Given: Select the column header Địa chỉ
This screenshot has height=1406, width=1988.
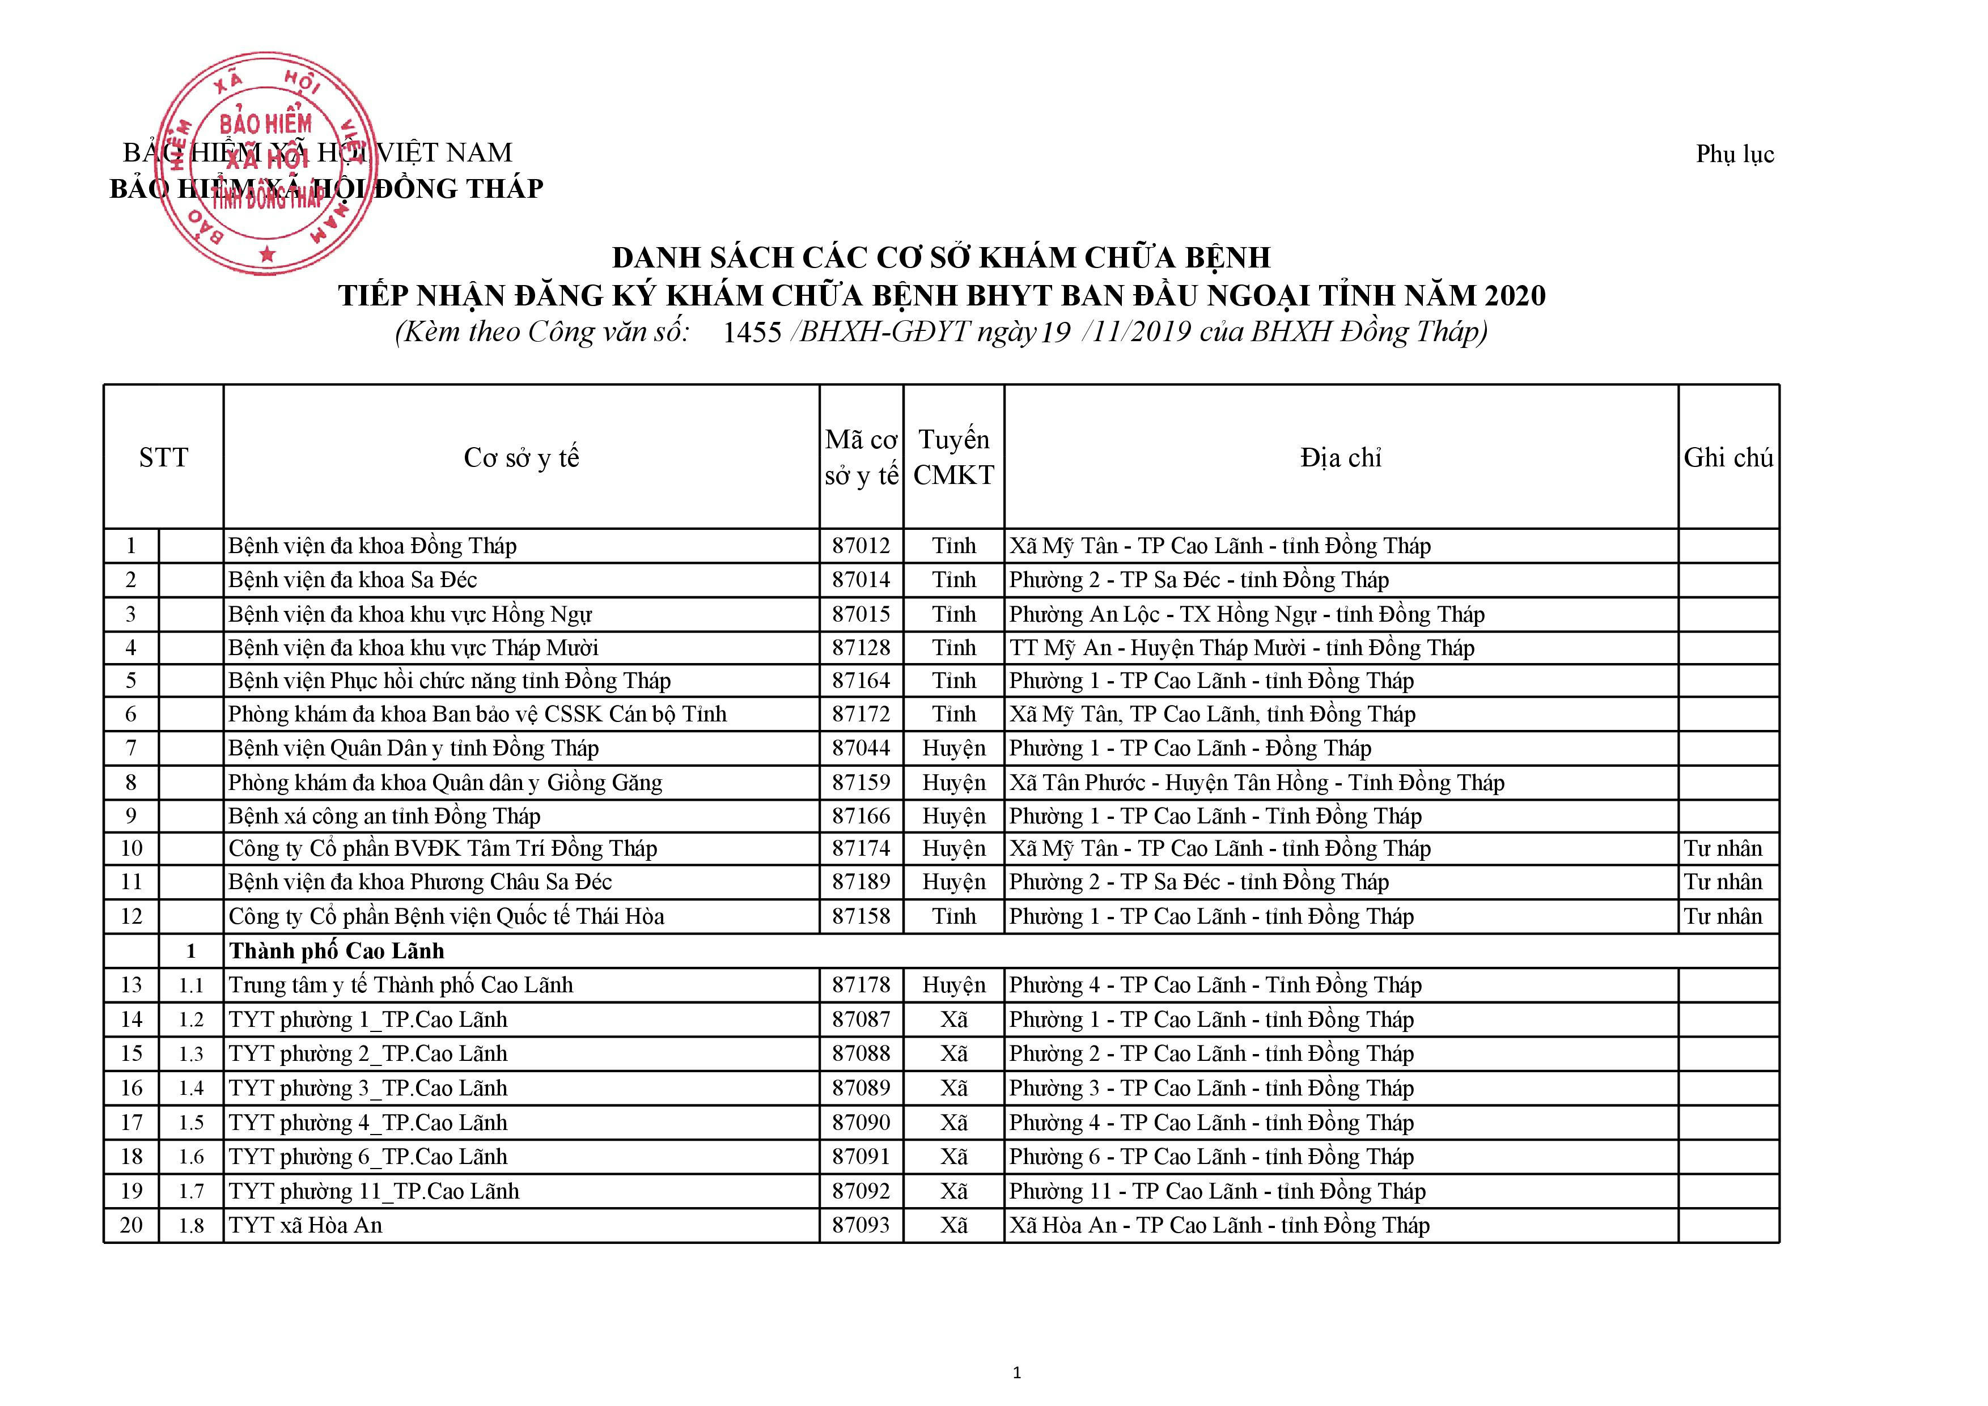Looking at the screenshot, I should (x=1340, y=457).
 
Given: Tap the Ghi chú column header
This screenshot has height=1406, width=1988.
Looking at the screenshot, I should (x=1728, y=457).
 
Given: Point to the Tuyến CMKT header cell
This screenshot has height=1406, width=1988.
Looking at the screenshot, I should (x=953, y=457).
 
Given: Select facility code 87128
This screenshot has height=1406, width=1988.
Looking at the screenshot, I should (x=861, y=648).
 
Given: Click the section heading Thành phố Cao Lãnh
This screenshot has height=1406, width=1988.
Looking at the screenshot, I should (x=336, y=950).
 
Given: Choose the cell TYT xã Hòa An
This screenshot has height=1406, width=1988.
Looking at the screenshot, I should (x=305, y=1225).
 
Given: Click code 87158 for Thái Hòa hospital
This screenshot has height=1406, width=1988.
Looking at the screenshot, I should (x=861, y=916).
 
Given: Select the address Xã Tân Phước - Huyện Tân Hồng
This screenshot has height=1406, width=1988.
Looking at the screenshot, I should (x=1256, y=783).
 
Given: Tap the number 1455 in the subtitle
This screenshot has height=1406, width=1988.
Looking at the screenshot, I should (x=752, y=333).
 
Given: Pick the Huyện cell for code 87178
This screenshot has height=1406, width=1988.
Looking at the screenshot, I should (x=953, y=986).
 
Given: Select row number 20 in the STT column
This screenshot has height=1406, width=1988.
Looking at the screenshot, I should (x=131, y=1225).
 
